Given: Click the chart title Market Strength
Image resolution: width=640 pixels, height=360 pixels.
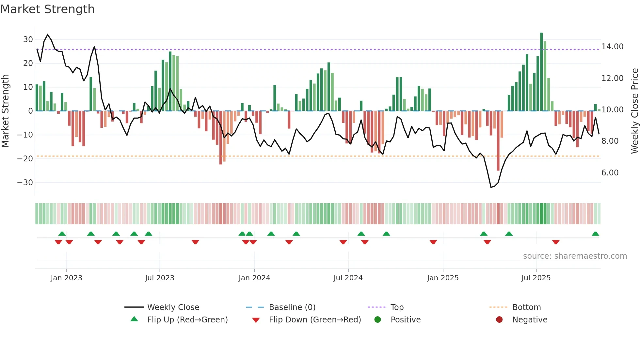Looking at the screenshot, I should point(48,9).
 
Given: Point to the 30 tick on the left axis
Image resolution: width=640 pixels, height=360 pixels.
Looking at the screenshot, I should point(28,40).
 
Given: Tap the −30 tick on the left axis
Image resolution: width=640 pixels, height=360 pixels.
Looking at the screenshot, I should point(25,183).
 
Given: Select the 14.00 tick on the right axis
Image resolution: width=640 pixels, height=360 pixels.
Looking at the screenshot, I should point(612,47).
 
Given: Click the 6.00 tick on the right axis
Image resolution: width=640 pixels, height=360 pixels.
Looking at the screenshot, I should point(610,173).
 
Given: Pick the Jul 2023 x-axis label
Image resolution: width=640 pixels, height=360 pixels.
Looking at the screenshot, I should point(160,278).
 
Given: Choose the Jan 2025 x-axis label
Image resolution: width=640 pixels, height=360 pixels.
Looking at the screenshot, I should point(443,278).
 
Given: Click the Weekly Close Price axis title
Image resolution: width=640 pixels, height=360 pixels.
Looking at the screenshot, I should point(634,111).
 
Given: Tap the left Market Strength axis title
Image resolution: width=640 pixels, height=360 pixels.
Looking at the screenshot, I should point(5,111).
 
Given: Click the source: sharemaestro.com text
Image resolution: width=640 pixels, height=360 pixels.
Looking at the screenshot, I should point(575,256).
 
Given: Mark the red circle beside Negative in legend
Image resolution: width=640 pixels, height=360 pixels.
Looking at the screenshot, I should point(499,320).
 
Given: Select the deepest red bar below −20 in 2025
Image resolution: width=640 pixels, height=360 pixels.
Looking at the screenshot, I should point(498,140).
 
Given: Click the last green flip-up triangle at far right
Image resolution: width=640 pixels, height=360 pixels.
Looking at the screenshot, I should point(595,234).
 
